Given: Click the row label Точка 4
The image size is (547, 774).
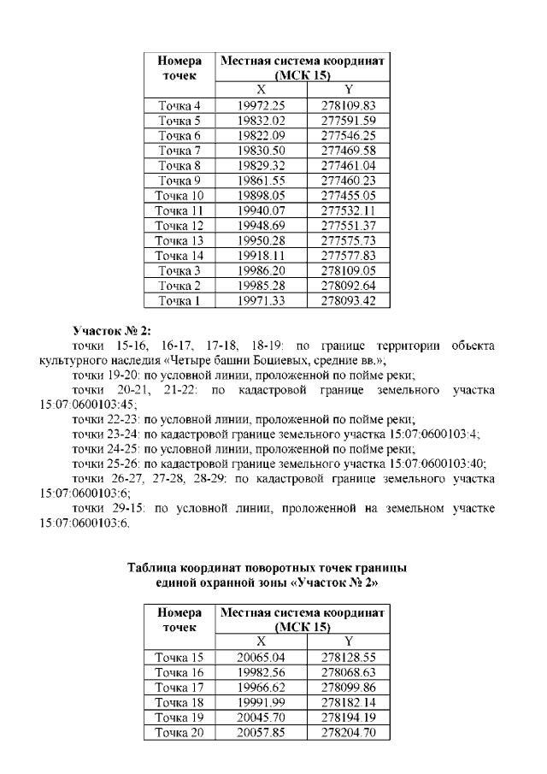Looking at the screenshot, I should [x=179, y=105].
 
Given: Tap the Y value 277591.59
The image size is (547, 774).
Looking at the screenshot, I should [x=348, y=121].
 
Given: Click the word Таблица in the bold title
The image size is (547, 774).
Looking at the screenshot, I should [x=152, y=568].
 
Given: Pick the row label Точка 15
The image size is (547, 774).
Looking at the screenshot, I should [x=179, y=658].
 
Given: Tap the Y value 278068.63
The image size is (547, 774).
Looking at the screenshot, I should [x=348, y=672].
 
